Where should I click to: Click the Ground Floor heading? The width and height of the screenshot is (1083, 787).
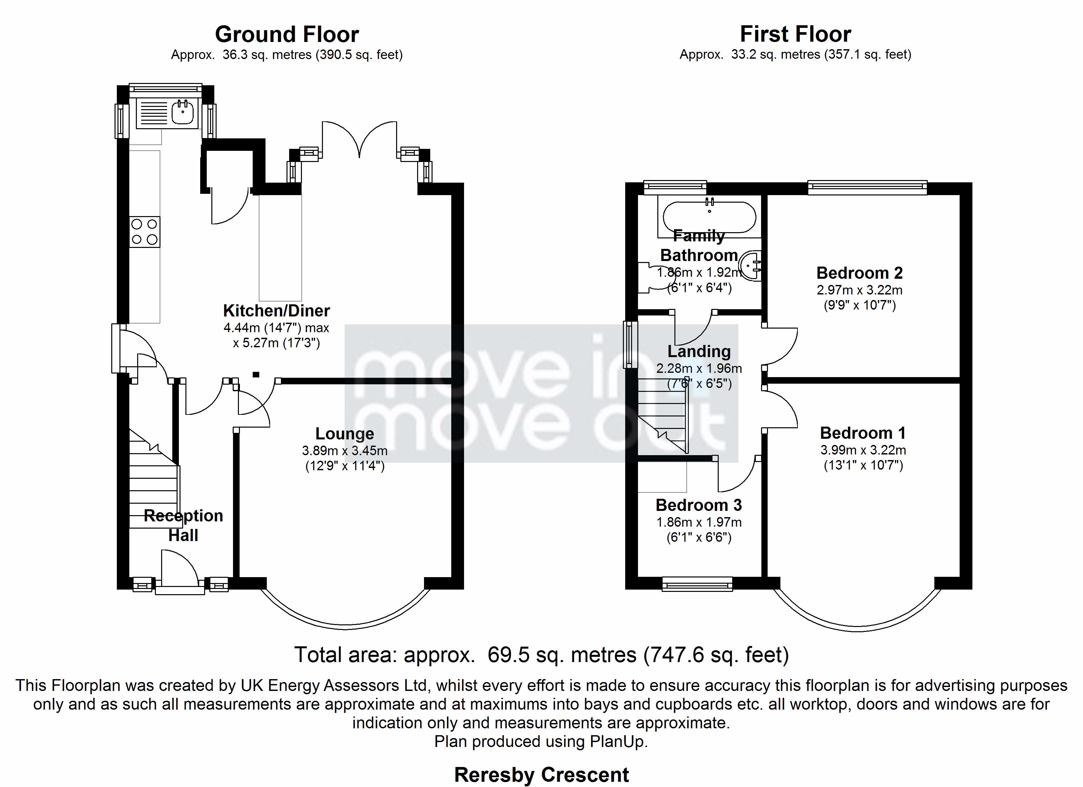(287, 34)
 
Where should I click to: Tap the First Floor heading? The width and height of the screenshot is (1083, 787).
(795, 34)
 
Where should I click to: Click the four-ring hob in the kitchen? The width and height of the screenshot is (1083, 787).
(145, 232)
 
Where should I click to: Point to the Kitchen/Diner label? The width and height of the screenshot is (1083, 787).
(276, 311)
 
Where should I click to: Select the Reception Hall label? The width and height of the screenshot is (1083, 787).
(183, 525)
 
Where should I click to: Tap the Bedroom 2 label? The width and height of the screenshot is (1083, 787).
(860, 273)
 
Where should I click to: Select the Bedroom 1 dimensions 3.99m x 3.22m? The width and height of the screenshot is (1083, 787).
(863, 450)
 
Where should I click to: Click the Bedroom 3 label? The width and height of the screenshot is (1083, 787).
(699, 505)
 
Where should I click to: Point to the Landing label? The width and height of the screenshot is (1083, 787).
(699, 351)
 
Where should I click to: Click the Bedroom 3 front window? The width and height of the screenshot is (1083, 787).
(697, 584)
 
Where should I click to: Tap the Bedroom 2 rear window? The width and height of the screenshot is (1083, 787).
(867, 187)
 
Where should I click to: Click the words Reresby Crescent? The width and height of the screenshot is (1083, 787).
(541, 775)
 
